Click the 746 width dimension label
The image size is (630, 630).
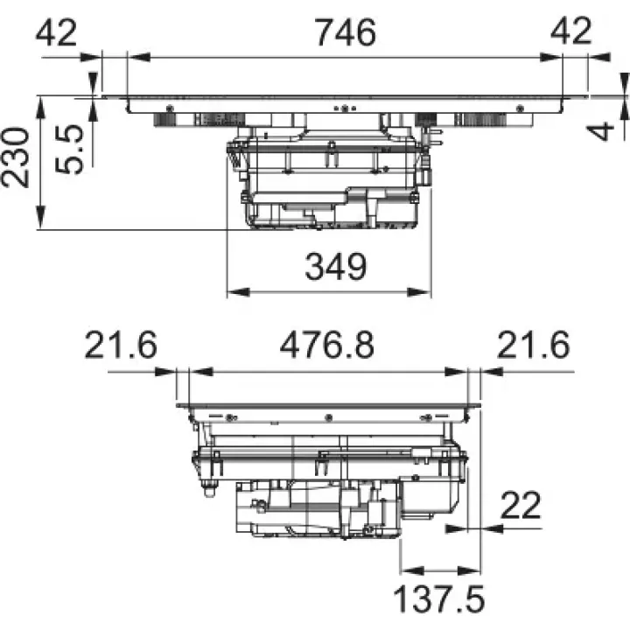(346, 32)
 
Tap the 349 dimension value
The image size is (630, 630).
(336, 266)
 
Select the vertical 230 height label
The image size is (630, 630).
(15, 157)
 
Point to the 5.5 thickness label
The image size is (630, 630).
(69, 150)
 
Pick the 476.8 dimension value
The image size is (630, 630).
(326, 345)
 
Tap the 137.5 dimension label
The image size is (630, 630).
(439, 598)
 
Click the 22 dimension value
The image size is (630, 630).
(521, 506)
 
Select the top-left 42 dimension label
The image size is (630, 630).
(56, 32)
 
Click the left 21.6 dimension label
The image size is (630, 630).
(121, 345)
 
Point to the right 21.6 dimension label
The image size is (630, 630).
(534, 345)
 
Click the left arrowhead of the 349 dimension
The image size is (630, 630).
(238, 292)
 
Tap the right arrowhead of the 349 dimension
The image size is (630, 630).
(420, 292)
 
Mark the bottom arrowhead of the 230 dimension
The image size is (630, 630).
(40, 217)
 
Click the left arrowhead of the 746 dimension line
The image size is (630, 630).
(139, 58)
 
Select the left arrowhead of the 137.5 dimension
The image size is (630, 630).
(412, 570)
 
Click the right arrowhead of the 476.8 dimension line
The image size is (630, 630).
(457, 372)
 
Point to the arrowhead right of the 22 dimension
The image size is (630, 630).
(492, 528)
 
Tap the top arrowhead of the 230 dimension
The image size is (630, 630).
(40, 108)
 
